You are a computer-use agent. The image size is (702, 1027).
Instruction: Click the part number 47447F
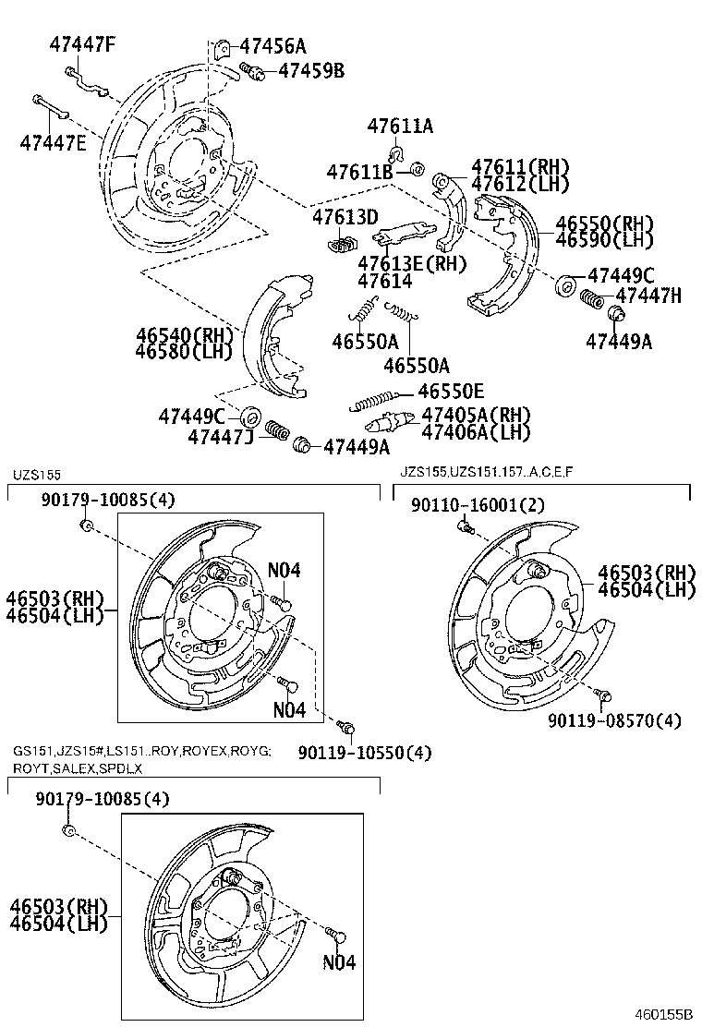pyautogui.click(x=82, y=42)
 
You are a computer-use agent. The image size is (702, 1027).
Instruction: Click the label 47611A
pyautogui.click(x=399, y=127)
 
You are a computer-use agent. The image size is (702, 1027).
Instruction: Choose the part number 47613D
pyautogui.click(x=345, y=218)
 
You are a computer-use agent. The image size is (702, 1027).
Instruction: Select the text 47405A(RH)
pyautogui.click(x=476, y=416)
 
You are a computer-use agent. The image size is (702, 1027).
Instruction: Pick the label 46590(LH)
pyautogui.click(x=604, y=240)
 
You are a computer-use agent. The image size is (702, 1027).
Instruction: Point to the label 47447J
pyautogui.click(x=221, y=436)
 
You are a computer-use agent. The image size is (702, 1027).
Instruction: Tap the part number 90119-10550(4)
pyautogui.click(x=363, y=753)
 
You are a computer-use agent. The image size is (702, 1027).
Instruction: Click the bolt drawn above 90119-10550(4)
pyautogui.click(x=346, y=728)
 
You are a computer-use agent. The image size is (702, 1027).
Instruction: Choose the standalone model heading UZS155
pyautogui.click(x=36, y=475)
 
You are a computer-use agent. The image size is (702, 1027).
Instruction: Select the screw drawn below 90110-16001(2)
pyautogui.click(x=466, y=527)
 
